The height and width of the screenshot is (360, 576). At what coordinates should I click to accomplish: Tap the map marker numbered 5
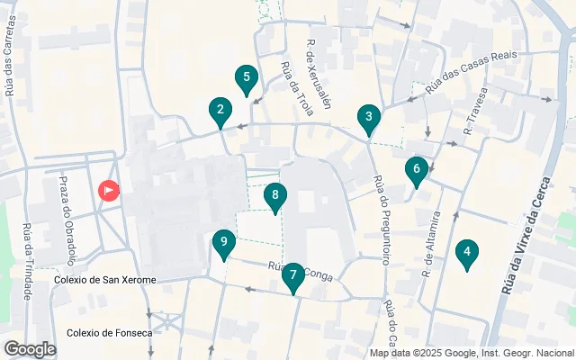[x=246, y=79]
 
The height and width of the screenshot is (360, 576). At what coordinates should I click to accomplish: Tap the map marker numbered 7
[x=292, y=277]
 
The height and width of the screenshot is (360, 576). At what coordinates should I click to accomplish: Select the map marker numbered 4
[x=466, y=255]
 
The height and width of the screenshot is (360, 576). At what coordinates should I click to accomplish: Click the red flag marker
[x=108, y=191]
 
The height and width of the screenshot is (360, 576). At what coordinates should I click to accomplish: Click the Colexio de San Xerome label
[x=104, y=280]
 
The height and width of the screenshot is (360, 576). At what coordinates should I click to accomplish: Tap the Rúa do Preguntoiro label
[x=380, y=220]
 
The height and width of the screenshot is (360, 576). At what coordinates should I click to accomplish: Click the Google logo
[x=29, y=349]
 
